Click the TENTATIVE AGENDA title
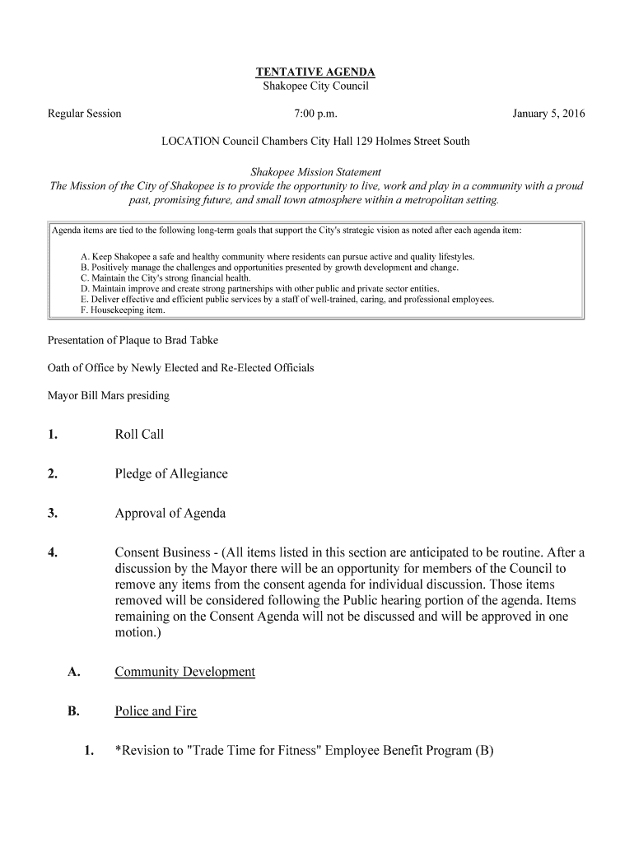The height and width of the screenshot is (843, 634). (315, 72)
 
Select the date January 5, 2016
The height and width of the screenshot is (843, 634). (548, 114)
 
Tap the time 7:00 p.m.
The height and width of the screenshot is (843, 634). (316, 114)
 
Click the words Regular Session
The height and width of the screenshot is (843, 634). (85, 114)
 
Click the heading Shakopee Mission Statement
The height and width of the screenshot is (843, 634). (315, 172)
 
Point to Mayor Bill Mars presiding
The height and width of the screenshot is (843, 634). (109, 396)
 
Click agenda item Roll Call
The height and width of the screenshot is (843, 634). (139, 435)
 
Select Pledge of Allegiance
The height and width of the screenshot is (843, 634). (171, 474)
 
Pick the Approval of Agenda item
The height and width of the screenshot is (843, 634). (170, 514)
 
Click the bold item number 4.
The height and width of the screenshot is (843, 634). (53, 553)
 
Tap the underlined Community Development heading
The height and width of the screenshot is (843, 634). (184, 672)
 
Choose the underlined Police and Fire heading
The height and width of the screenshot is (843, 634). (156, 711)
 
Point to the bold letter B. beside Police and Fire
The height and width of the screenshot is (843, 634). (73, 711)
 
